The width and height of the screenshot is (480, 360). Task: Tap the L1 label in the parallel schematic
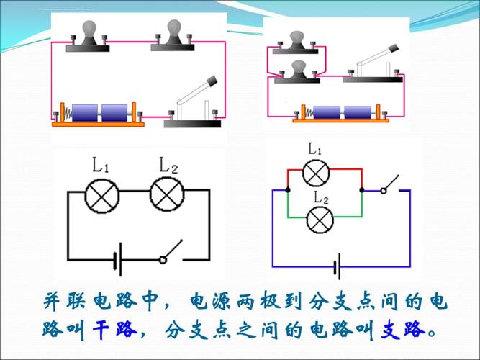(314, 149)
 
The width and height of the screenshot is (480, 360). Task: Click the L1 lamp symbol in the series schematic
(100, 194)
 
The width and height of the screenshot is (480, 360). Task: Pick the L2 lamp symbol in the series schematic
(165, 194)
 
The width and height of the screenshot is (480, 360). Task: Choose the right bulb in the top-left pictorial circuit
(173, 36)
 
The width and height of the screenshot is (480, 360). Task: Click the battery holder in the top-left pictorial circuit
(98, 114)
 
